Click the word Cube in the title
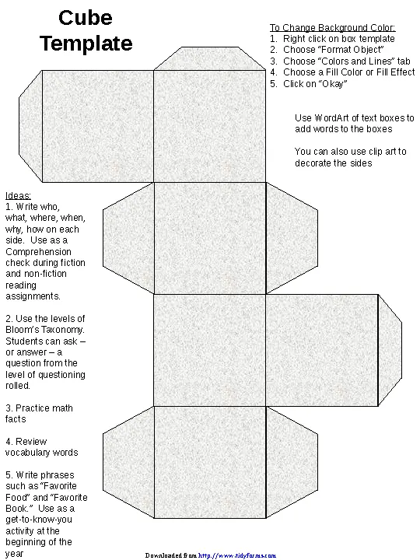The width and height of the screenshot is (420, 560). coord(86,19)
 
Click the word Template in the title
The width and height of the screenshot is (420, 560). coord(86,44)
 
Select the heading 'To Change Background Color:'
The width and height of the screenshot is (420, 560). coord(332,27)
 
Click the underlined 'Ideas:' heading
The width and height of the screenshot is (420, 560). coord(18,195)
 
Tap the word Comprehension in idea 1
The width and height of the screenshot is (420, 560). coord(40,251)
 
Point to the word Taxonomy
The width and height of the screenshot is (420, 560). coord(57,329)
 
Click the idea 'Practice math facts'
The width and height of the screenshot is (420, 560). coord(39,413)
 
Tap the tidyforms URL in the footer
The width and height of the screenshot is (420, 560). coord(236,555)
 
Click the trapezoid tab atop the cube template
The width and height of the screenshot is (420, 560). coord(210,58)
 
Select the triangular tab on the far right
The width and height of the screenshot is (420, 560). coord(390,349)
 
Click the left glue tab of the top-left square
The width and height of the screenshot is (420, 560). coord(30,124)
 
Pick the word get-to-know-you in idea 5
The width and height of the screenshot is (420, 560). coord(39,520)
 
